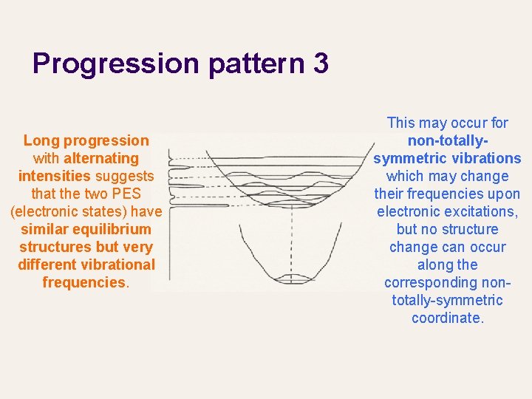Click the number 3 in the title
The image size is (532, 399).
click(x=321, y=64)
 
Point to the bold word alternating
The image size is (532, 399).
click(x=101, y=158)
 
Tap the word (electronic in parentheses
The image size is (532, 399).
click(x=44, y=211)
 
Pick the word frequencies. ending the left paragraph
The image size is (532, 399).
click(x=86, y=282)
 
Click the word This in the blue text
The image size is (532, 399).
click(x=402, y=123)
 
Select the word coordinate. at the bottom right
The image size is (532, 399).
click(x=447, y=318)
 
